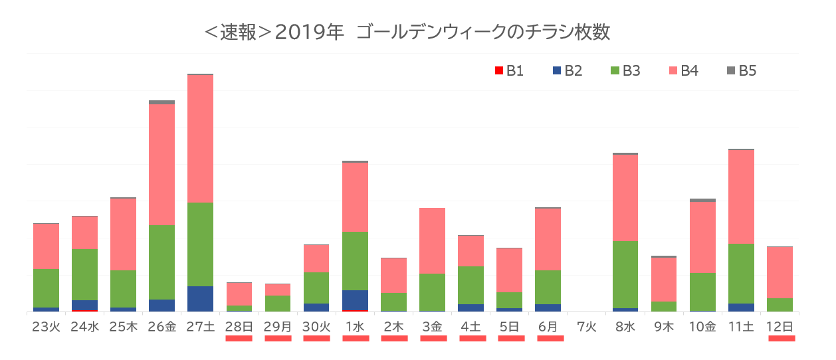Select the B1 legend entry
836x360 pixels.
(x=509, y=71)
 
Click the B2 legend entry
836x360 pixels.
(x=567, y=71)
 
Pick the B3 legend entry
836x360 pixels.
(x=625, y=71)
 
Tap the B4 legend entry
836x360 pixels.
(x=683, y=71)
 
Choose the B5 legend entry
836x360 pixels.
(x=741, y=71)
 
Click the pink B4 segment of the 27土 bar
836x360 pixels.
(x=200, y=138)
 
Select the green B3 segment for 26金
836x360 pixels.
(x=161, y=262)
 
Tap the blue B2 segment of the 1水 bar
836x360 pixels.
(x=355, y=300)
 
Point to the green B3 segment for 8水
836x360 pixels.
(x=625, y=274)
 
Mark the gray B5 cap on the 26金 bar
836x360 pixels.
(x=161, y=102)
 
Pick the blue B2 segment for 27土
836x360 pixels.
(x=200, y=298)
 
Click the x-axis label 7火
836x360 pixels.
(x=586, y=326)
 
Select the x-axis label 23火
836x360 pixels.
(x=46, y=326)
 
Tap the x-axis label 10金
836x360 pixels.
(x=702, y=326)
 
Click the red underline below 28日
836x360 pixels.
(x=239, y=338)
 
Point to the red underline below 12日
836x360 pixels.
(x=781, y=338)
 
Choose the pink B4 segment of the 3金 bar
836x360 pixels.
(x=432, y=240)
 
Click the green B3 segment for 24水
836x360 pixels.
(x=84, y=274)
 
